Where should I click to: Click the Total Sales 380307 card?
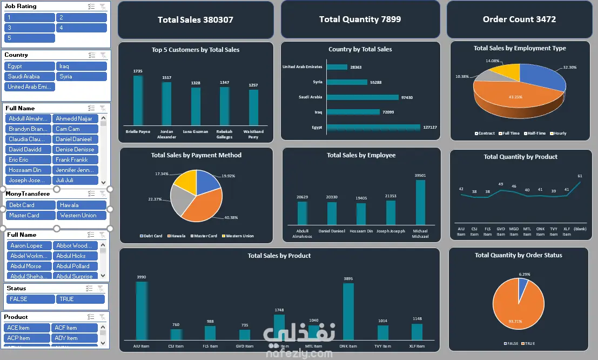pos(196,19)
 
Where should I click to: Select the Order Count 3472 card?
pos(519,19)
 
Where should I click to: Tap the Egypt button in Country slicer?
pos(29,66)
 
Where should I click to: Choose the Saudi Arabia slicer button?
pos(29,77)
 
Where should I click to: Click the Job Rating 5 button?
pos(30,38)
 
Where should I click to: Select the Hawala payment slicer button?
pos(81,205)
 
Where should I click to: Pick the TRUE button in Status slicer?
pos(80,299)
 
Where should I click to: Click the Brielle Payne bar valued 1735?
pos(138,101)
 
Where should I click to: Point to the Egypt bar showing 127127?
pos(373,128)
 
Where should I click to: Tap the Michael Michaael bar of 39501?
pos(420,202)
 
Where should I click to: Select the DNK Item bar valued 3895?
pos(348,311)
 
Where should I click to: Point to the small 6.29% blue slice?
pos(523,283)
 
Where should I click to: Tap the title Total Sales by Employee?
pos(361,155)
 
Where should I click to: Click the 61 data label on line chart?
pos(580,176)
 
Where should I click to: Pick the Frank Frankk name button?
pos(75,160)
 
